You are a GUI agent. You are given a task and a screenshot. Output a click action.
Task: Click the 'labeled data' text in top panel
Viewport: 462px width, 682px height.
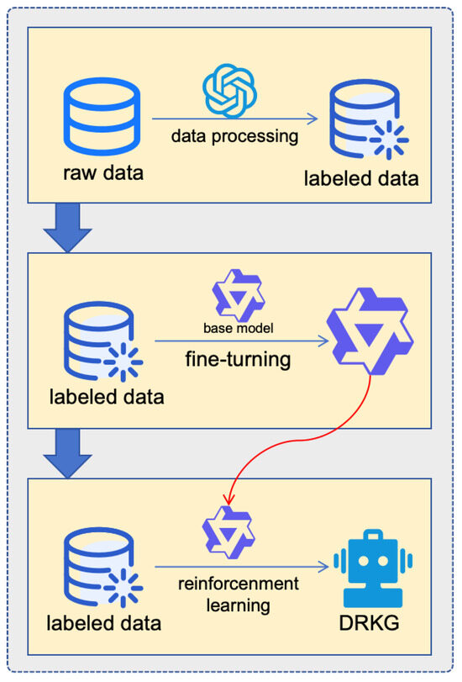click(x=361, y=178)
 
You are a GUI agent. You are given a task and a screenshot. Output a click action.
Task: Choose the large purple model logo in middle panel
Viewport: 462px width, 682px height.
click(x=370, y=334)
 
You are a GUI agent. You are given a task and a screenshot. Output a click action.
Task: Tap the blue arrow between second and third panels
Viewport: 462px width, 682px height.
click(x=67, y=455)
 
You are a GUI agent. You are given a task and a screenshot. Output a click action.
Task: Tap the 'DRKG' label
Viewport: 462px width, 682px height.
click(x=370, y=625)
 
